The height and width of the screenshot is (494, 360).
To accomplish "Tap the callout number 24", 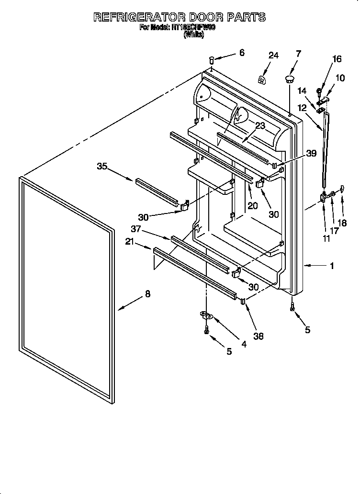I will click(x=273, y=56).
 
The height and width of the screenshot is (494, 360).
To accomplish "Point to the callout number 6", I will click(x=241, y=53).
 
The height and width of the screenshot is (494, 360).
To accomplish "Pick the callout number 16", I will click(x=337, y=59).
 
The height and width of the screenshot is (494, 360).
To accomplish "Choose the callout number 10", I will click(x=339, y=78).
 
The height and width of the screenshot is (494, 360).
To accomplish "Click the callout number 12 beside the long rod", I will click(x=303, y=109).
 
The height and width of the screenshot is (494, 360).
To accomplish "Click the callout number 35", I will click(x=101, y=167).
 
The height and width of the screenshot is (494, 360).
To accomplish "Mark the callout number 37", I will click(x=136, y=229).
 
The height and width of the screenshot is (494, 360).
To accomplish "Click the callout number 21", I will click(x=129, y=243).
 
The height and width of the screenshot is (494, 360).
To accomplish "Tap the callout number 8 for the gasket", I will click(x=147, y=294).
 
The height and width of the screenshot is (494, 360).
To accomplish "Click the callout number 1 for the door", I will click(x=332, y=266).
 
